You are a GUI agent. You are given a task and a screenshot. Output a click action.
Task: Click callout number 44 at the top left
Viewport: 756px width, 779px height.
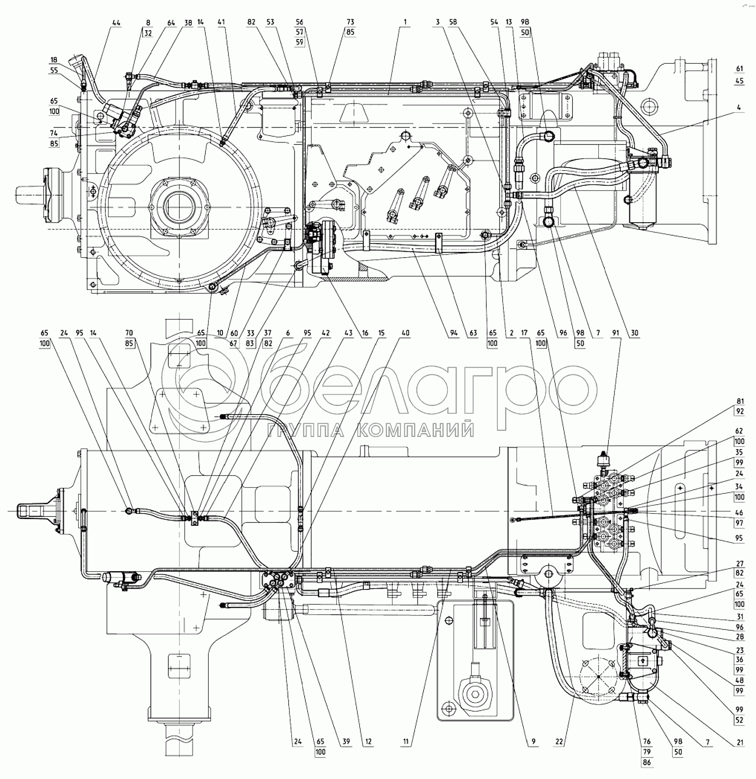(116, 23)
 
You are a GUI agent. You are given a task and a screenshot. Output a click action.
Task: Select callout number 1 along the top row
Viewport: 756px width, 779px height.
(405, 22)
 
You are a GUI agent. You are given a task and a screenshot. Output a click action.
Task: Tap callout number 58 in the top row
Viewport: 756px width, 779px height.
(453, 22)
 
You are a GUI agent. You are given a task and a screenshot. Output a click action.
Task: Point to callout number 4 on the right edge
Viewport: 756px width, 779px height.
(739, 107)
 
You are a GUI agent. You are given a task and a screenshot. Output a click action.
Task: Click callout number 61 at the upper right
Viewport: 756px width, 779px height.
(739, 69)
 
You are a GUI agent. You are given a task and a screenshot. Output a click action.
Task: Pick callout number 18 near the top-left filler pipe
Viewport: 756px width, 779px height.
(54, 60)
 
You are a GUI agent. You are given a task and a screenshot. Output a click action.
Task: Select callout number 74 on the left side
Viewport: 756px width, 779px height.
(54, 133)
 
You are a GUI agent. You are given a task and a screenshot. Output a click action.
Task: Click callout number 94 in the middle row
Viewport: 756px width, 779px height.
(454, 333)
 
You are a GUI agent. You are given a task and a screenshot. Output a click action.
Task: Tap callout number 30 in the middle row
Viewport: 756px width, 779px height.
(634, 333)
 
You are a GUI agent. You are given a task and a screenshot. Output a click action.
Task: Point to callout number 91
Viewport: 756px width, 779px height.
(616, 333)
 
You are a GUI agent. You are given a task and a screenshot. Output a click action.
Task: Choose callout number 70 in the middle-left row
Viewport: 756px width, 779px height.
(129, 333)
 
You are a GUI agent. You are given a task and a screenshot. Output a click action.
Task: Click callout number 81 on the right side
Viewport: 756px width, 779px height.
(739, 401)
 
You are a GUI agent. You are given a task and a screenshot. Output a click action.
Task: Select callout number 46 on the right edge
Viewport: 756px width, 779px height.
(739, 513)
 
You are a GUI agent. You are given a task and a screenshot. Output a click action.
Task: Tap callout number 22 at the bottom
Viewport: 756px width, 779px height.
(559, 742)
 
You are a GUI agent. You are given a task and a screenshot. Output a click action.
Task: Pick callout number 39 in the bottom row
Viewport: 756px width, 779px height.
(346, 742)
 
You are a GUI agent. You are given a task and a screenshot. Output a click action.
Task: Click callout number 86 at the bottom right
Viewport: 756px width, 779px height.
(647, 762)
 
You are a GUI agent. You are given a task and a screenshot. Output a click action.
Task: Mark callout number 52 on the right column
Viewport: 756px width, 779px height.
(739, 720)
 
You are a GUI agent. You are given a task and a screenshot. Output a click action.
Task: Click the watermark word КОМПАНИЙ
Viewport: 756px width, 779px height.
(415, 430)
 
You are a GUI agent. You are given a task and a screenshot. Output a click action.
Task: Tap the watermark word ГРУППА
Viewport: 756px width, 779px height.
(305, 430)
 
